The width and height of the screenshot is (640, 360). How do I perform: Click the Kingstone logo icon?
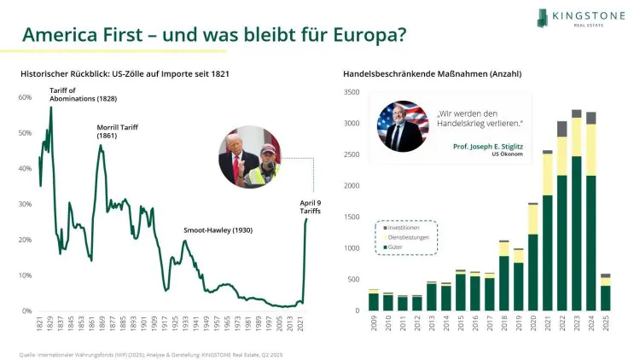(544, 17)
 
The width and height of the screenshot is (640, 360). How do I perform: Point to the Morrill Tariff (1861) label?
(118, 131)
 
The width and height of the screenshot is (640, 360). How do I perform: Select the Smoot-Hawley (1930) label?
(218, 230)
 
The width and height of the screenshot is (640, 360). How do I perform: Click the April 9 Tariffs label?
(310, 206)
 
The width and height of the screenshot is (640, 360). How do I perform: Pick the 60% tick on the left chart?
(25, 97)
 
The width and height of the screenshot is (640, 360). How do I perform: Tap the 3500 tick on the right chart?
(351, 91)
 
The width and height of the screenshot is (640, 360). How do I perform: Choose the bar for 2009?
(373, 300)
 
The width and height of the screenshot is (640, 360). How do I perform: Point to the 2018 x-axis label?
(503, 325)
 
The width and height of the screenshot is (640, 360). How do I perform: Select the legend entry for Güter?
(398, 247)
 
